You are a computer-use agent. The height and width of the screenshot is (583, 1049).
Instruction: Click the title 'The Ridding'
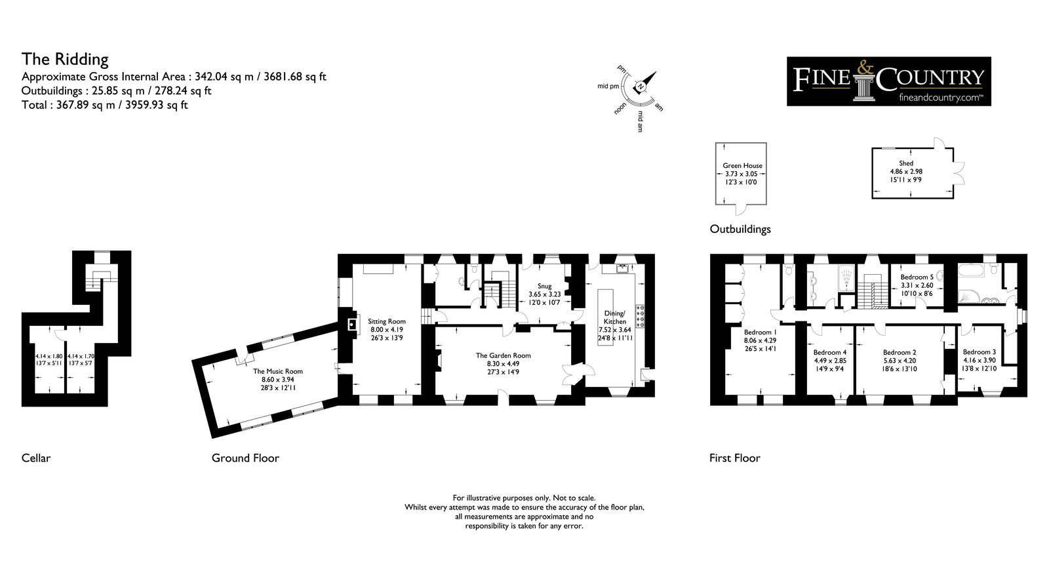click(x=65, y=59)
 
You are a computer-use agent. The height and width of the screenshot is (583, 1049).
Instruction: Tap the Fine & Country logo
click(x=888, y=81)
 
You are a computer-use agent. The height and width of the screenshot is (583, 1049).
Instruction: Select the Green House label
click(x=742, y=165)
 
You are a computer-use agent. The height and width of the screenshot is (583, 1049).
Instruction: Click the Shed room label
click(x=906, y=163)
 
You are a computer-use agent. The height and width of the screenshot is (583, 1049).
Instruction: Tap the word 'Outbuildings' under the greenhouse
click(x=740, y=229)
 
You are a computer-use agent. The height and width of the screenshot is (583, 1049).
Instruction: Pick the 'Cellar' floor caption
click(x=35, y=458)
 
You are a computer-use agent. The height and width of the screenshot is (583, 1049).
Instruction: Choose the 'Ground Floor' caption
click(x=245, y=458)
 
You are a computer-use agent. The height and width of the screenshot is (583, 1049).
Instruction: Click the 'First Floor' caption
click(x=734, y=458)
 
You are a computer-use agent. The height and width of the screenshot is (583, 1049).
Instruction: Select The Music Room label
click(x=278, y=371)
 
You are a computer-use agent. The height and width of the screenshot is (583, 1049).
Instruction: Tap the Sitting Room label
click(x=386, y=321)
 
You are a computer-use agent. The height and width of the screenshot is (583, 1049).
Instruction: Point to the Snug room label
click(x=544, y=286)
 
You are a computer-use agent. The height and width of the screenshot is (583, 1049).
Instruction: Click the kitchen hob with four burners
click(x=640, y=316)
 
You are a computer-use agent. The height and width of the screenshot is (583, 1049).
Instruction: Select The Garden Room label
click(x=503, y=355)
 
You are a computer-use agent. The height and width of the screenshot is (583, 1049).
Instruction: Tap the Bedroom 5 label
click(x=917, y=277)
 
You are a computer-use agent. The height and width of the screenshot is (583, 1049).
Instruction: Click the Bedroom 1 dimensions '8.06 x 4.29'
click(x=760, y=340)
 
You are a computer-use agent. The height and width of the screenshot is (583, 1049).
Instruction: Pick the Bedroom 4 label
click(x=829, y=352)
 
